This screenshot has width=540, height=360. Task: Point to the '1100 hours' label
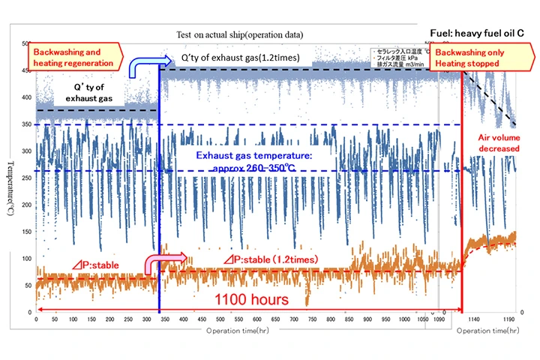(251, 298)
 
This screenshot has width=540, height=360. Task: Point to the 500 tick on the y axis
(28, 43)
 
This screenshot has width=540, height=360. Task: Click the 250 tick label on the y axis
(28, 178)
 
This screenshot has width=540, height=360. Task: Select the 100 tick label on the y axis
(28, 258)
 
